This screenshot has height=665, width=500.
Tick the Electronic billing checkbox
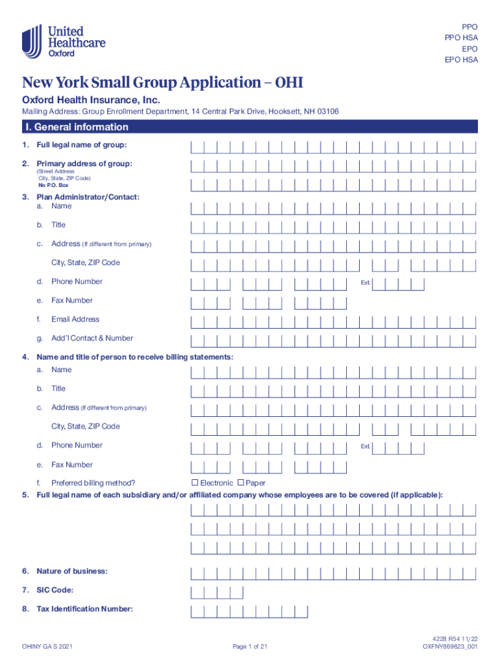tap(195, 483)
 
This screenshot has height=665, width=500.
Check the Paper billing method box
tap(241, 483)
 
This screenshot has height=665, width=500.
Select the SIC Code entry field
tap(216, 591)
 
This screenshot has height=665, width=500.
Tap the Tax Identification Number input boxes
tap(249, 610)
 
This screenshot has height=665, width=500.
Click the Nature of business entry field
tap(333, 572)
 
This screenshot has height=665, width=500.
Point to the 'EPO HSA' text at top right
tap(461, 60)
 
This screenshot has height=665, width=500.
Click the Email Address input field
tap(333, 320)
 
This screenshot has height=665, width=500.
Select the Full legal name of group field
tap(333, 145)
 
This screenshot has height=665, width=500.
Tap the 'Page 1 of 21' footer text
tap(250, 647)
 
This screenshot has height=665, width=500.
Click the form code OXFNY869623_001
tap(450, 647)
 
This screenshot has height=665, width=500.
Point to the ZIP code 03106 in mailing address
tap(325, 112)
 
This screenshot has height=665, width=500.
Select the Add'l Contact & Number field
tap(333, 339)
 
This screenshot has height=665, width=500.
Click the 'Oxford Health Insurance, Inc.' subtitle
tap(91, 100)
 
